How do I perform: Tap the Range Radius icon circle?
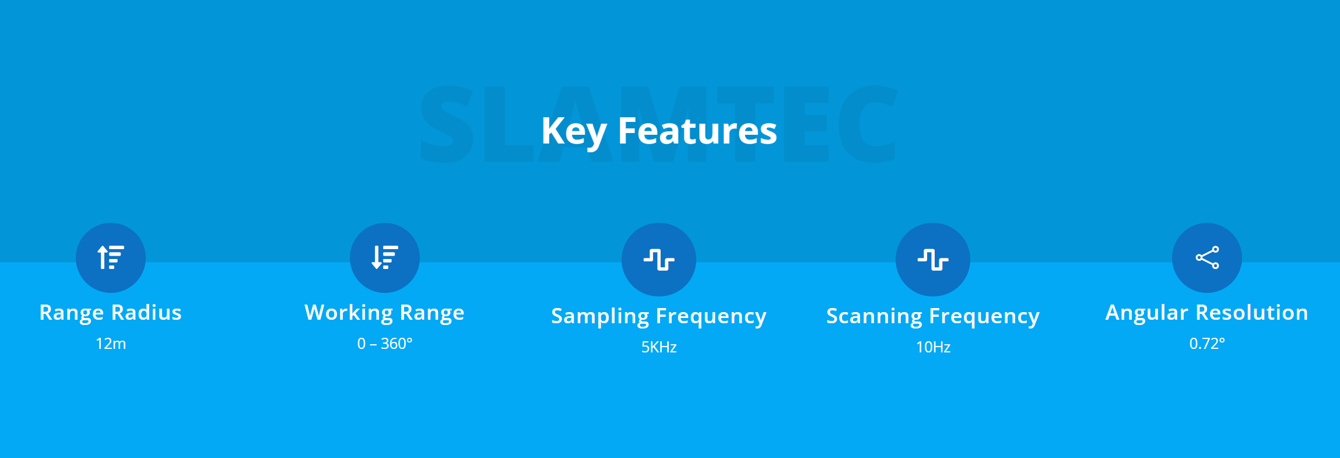pos(111,258)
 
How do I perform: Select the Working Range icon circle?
pos(385,258)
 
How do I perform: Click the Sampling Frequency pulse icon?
pos(659,260)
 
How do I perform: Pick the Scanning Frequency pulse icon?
pos(933,260)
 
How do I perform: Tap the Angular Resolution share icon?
pos(1207,257)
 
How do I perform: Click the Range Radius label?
pos(111,313)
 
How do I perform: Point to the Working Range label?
pos(385,313)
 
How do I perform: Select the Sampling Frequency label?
pos(659,316)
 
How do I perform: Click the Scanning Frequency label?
pos(933,316)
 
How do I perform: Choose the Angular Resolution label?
pos(1207,313)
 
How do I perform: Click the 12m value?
pos(111,344)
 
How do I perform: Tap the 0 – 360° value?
pos(385,344)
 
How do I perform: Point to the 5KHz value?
pos(659,347)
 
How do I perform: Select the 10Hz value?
pos(933,347)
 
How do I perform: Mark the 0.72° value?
pos(1207,344)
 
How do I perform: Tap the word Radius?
pos(146,313)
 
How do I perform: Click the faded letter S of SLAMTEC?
pos(448,124)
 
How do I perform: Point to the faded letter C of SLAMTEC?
pos(868,124)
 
